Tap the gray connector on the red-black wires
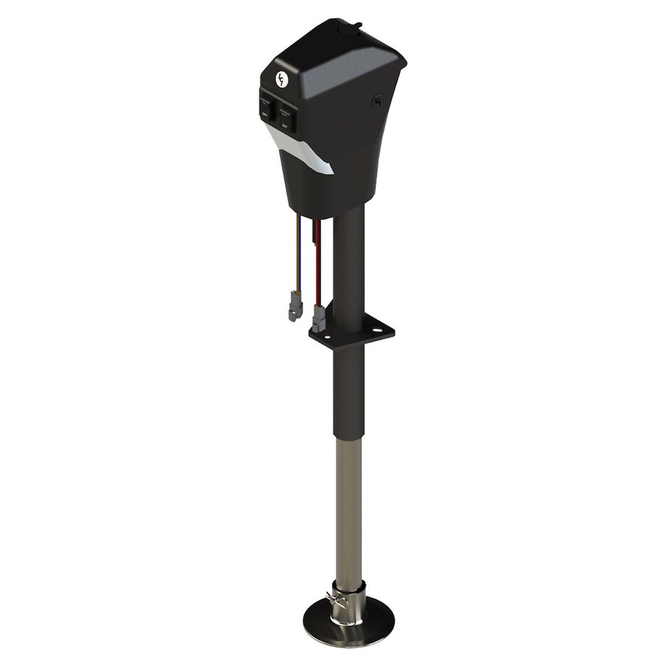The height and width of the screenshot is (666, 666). pos(318,318)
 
